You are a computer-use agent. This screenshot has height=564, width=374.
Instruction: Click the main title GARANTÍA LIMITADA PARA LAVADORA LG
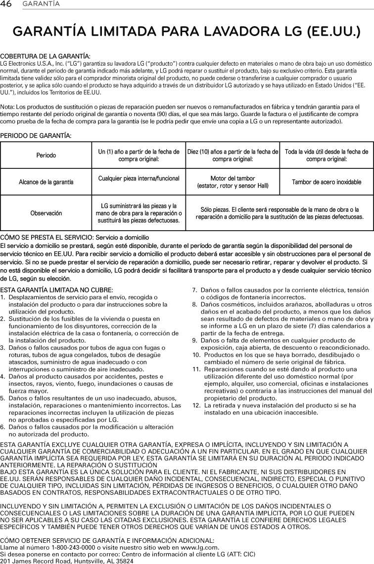coord(187,33)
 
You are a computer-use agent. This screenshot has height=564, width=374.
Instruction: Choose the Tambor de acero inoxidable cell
coord(326,182)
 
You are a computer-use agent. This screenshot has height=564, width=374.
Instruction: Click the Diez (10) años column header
coord(233,155)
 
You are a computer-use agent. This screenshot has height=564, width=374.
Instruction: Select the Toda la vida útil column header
coord(326,155)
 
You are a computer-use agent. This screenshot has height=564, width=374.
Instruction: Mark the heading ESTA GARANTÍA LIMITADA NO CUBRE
coord(57,289)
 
